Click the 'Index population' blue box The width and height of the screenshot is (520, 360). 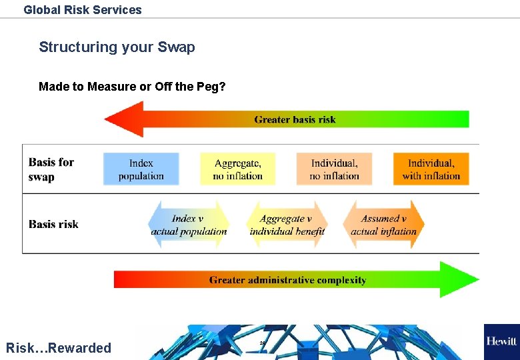coord(141,169)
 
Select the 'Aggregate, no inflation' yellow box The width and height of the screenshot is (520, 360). coord(238,169)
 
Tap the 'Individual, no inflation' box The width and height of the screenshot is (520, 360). coord(334,169)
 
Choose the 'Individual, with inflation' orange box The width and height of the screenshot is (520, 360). coord(431,169)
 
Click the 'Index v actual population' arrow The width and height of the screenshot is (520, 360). coord(189,225)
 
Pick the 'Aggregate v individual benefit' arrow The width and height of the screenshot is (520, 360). coord(287,225)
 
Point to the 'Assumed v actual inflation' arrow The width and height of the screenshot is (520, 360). coord(383,225)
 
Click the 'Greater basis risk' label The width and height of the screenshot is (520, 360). coord(295,120)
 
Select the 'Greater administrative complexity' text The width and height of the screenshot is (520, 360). coord(287,280)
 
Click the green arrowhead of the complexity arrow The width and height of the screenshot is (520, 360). coord(459,279)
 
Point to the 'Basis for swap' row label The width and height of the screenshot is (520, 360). coord(51,169)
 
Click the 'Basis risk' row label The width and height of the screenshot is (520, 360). coord(53,225)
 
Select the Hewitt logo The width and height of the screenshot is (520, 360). coord(501,341)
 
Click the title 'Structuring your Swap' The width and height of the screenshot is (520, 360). coord(117,47)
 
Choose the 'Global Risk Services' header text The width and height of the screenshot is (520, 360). coord(83,10)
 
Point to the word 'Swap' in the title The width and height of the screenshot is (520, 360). coord(176,47)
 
